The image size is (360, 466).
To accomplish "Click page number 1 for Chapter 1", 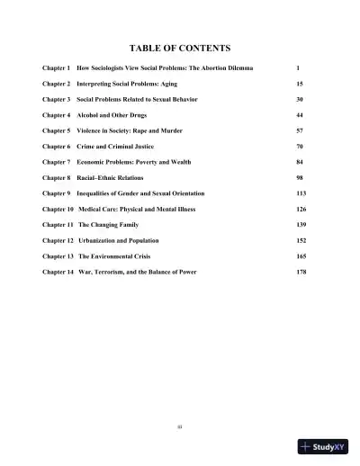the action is tap(297, 68).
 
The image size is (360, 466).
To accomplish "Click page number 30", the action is tap(300, 101).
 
